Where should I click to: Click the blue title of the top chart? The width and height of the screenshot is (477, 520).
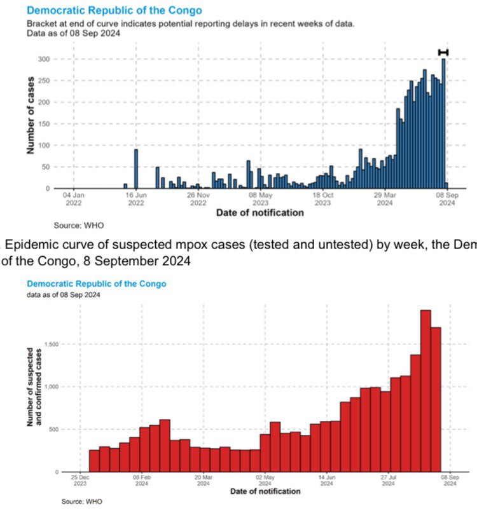pos(114,11)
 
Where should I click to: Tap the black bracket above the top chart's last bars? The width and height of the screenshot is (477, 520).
pos(443,52)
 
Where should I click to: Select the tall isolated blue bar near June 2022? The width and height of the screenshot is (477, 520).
pos(135,168)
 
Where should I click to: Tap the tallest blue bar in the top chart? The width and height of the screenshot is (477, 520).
pos(443,124)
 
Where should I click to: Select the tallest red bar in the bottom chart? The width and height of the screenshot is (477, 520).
pos(425,391)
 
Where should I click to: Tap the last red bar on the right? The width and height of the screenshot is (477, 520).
pos(436,399)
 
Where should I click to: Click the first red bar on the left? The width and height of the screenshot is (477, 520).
pos(94,461)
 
